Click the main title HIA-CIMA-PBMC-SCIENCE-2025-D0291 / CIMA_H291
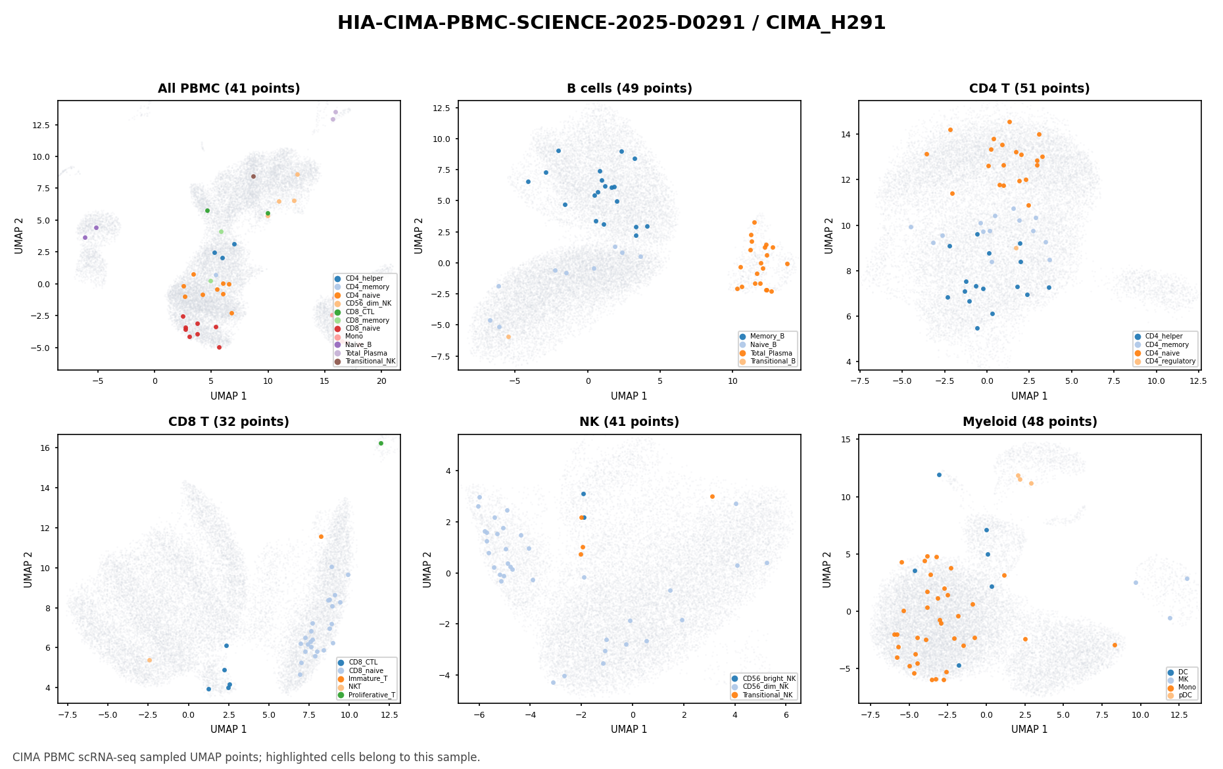pos(611,23)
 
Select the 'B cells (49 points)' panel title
pos(629,89)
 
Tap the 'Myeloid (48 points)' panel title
pos(1030,422)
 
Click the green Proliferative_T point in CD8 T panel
pos(381,443)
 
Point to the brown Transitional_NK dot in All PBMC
pos(253,176)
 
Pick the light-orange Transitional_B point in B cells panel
pos(508,337)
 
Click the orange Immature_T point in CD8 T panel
pos(321,536)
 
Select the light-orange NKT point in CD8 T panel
pos(149,660)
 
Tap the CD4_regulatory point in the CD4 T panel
pos(1016,248)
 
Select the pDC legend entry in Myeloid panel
pos(1181,695)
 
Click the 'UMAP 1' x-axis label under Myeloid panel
pos(1030,730)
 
